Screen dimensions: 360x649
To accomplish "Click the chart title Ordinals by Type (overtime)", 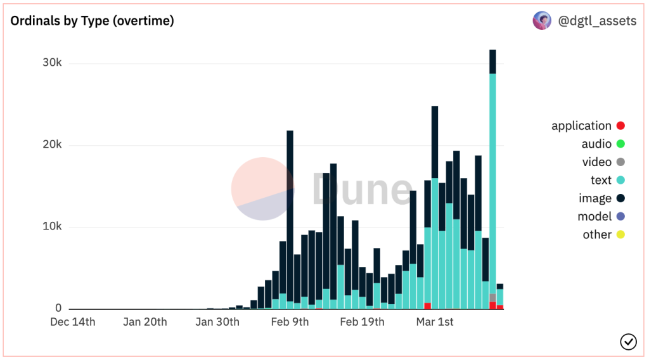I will pos(93,21).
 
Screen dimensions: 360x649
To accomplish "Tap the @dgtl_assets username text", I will pos(596,21).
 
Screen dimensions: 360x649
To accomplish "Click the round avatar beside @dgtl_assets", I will pos(542,21).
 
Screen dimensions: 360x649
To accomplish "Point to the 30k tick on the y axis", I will pos(48,63).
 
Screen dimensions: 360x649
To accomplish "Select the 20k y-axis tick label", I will pos(48,145).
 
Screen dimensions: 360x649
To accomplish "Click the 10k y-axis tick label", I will pos(48,227).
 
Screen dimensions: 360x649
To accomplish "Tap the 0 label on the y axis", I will pos(58,309).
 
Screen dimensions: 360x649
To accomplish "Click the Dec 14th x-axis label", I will pos(73,322).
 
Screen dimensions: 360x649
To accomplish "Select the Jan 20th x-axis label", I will pos(145,322).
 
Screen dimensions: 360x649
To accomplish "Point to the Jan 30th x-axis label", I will pos(217,322).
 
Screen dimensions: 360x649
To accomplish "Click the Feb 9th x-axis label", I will pos(290,322).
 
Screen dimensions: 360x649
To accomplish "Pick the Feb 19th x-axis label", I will pos(362,322).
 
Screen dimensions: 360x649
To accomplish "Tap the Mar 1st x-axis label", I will pos(435,322).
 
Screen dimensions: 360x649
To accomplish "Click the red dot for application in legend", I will pos(620,126).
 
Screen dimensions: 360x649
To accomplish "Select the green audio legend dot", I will pos(620,144).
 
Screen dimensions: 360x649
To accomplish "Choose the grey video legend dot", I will pos(620,162).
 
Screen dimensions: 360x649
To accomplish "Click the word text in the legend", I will pos(601,180).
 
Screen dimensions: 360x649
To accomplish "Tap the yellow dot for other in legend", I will pos(620,235).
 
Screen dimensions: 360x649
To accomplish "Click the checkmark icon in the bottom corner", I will pos(627,342).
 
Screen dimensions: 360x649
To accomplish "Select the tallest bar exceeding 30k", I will pos(492,177).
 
